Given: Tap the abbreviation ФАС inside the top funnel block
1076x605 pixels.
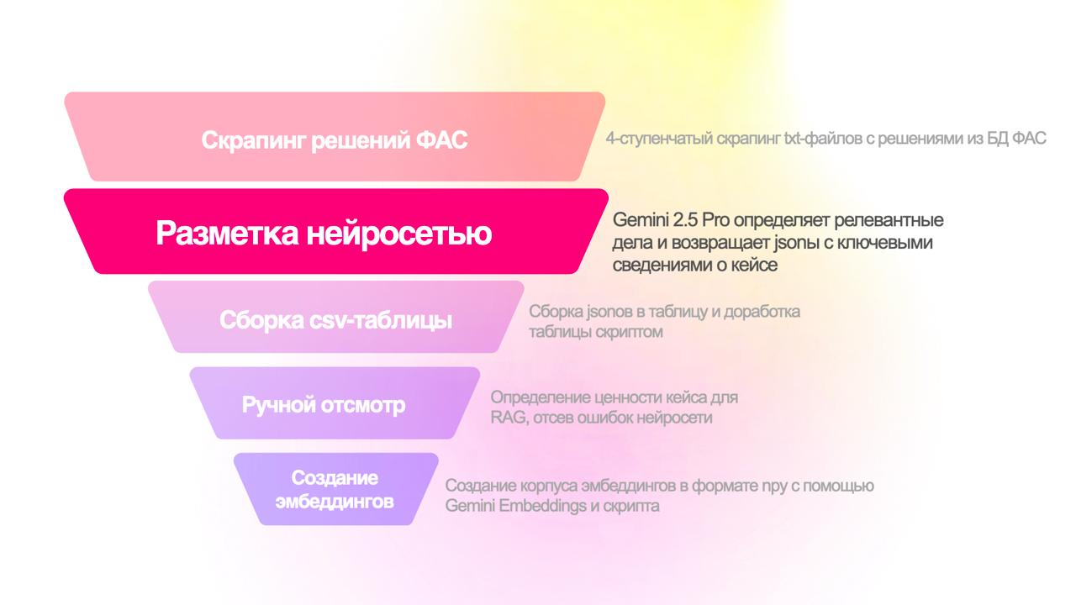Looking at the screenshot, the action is (x=442, y=140).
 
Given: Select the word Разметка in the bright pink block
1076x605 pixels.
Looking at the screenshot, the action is (x=227, y=234).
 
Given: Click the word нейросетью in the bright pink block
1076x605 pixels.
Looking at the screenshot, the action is (x=399, y=234).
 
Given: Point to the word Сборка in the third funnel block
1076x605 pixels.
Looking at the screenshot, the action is (x=261, y=320).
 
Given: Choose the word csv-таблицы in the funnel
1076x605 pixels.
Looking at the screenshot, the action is (x=381, y=320).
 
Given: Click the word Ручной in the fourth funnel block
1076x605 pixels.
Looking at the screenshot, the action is (x=278, y=405).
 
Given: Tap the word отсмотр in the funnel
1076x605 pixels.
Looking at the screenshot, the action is (x=363, y=406).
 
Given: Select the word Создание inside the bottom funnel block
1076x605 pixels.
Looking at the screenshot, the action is (x=335, y=478).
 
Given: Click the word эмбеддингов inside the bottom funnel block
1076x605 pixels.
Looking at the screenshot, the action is (x=335, y=502).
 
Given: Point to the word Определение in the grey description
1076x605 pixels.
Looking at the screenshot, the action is (x=541, y=397).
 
